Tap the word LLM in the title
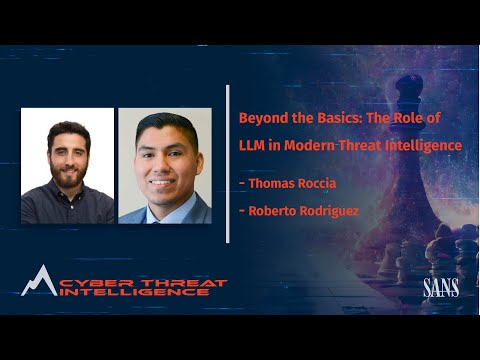[x=251, y=145]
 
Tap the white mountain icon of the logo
[x=38, y=281]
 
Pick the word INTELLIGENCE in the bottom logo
[x=130, y=294]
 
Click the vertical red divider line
[x=228, y=165]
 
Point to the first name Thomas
[x=268, y=184]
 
